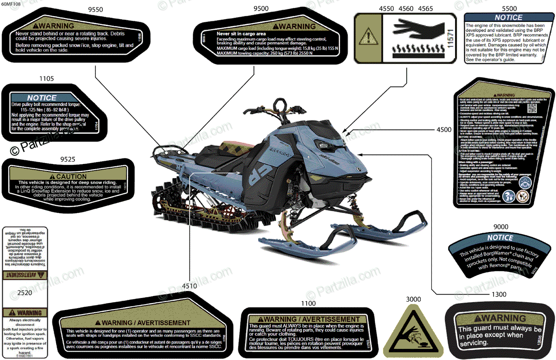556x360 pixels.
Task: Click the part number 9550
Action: [x=95, y=8]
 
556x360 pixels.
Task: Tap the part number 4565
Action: [x=426, y=8]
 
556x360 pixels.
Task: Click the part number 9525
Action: [x=68, y=159]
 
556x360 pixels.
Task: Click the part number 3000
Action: [x=413, y=299]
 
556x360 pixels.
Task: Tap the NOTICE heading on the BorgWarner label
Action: [x=500, y=238]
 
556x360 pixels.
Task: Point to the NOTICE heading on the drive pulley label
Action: [x=42, y=98]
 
